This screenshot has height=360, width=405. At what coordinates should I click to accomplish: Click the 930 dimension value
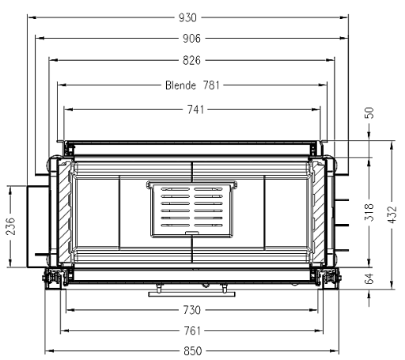point(187,18)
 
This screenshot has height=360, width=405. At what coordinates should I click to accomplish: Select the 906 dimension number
point(191,39)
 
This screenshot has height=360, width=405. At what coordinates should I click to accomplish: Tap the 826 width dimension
point(191,60)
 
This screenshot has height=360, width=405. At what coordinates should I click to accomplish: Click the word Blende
point(180,85)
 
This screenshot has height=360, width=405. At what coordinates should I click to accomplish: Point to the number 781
point(211,85)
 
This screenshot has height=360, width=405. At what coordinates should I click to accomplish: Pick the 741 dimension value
point(195,110)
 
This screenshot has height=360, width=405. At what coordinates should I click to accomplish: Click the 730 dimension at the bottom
point(192,310)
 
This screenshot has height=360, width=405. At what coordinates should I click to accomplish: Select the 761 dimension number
point(192,331)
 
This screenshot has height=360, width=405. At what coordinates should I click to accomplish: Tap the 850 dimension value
point(193,351)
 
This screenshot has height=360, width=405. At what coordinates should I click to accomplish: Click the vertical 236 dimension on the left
point(11,226)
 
